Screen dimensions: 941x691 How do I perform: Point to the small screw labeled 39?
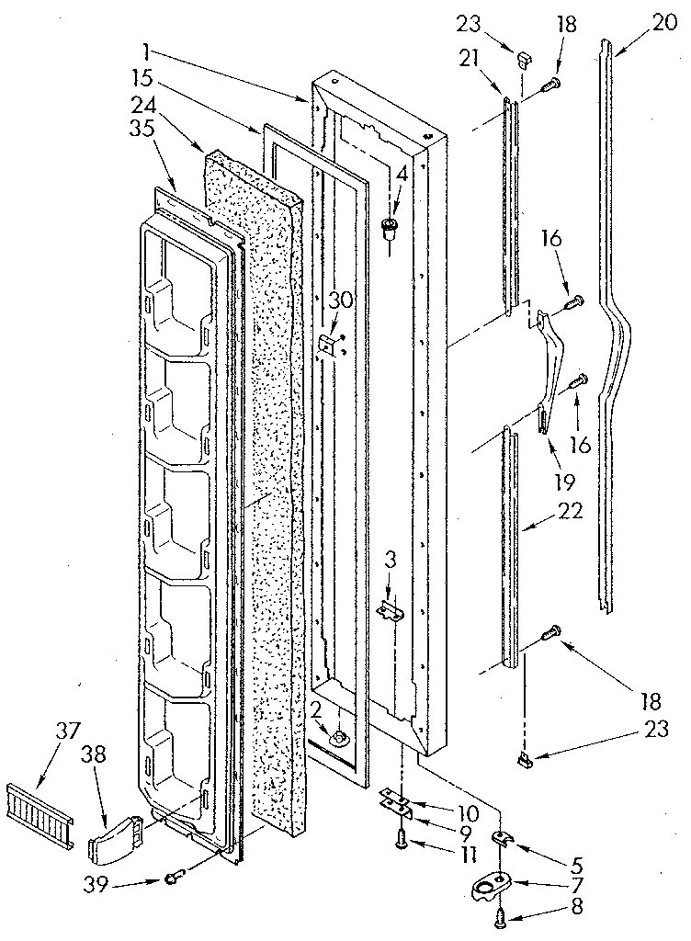tap(173, 879)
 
